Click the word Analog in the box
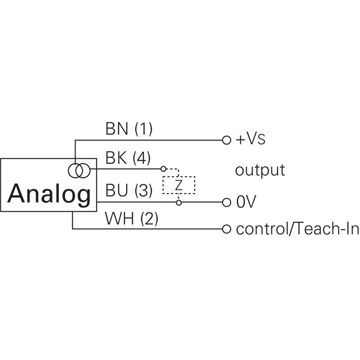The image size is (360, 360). [x=49, y=194]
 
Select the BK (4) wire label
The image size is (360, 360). [x=128, y=159]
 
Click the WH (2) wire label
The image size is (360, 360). [x=131, y=219]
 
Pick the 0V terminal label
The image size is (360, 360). [x=246, y=202]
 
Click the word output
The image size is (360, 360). [x=260, y=171]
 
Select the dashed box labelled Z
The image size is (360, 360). [x=179, y=185]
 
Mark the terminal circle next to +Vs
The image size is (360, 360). [x=227, y=139]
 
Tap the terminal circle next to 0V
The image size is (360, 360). [x=227, y=202]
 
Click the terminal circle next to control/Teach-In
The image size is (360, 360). [x=227, y=229]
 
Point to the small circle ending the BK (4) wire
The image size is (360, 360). [x=163, y=169]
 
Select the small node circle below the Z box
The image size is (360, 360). [x=179, y=202]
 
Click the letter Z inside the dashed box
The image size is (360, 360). [x=179, y=185]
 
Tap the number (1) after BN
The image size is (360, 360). [x=144, y=130]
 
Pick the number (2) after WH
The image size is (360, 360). [x=149, y=219]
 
